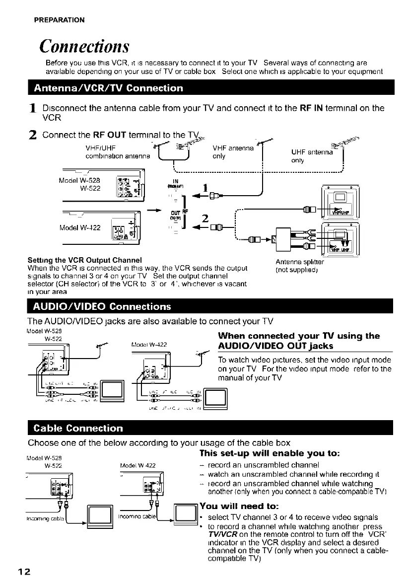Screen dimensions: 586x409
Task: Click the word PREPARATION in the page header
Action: [59, 20]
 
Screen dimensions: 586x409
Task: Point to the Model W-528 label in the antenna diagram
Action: [78, 179]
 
